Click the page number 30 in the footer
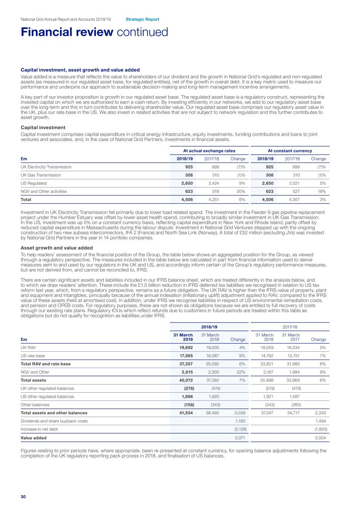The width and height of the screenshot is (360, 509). click(23, 497)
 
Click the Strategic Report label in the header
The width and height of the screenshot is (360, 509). click(142, 19)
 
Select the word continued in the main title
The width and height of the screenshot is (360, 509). click(142, 32)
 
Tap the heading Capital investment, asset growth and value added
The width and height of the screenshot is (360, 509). click(80, 70)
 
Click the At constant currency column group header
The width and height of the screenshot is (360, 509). click(290, 151)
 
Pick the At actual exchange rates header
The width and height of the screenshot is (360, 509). click(209, 151)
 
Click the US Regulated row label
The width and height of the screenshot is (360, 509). click(34, 183)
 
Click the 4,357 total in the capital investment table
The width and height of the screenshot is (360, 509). click(294, 199)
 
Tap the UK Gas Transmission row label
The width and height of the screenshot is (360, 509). click(41, 175)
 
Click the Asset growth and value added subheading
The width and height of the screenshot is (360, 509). click(57, 248)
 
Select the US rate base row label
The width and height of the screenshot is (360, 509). click(33, 356)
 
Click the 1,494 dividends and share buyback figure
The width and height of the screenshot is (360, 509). click(320, 421)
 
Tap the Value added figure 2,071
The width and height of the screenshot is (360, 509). click(240, 438)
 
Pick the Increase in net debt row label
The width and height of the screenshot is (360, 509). click(39, 429)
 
